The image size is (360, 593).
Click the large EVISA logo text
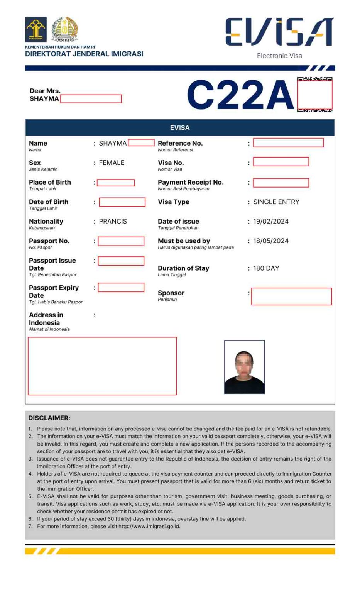coord(279,32)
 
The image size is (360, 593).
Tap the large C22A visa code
coord(241,95)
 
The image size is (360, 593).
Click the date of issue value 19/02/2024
coord(271,221)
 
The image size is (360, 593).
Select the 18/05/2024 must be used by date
coord(271,241)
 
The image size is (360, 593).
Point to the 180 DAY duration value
coord(266,268)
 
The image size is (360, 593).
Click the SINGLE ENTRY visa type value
coord(276,202)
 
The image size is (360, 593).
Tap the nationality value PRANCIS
coord(113,221)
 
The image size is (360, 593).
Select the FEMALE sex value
coord(112,163)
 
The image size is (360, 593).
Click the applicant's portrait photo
coord(244,367)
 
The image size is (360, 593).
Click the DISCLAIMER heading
coord(49,418)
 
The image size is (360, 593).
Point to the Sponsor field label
coord(171,293)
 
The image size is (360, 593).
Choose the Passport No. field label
coord(49,241)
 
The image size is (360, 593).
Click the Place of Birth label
coord(50,182)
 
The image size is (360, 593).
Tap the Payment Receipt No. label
coord(191,182)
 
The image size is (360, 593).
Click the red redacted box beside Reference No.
coord(288,143)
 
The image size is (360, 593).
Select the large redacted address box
coord(102,366)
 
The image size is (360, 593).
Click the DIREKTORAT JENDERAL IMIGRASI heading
coord(84,54)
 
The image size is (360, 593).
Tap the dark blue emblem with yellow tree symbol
coord(36,29)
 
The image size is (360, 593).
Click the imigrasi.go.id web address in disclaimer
coord(149,526)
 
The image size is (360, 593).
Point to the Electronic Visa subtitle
coord(279,56)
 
